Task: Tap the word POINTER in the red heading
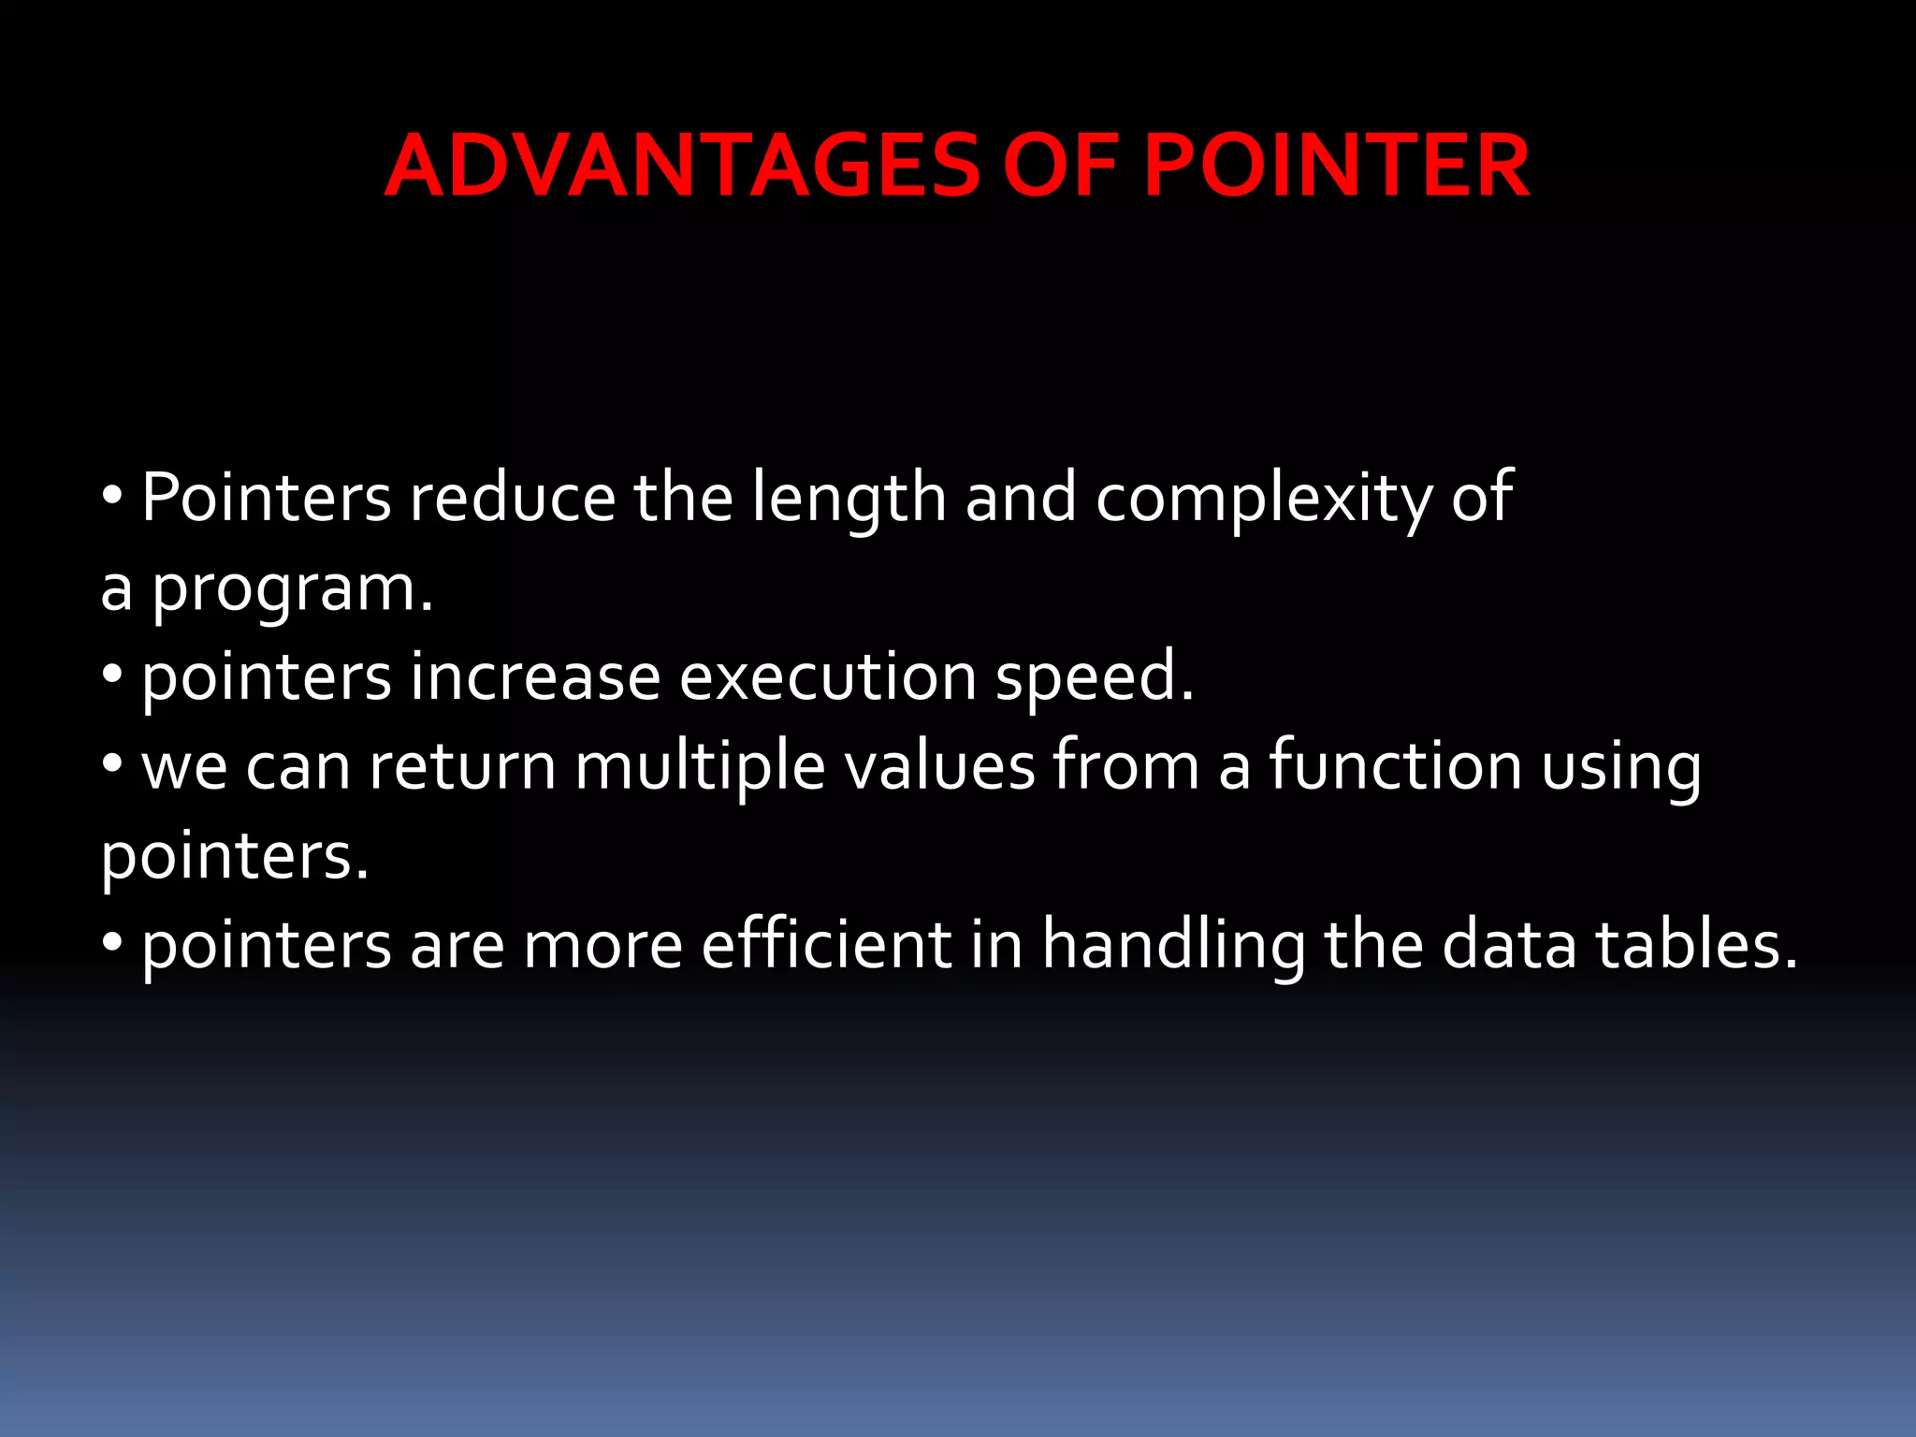[x=1336, y=167]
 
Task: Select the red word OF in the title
[x=1060, y=167]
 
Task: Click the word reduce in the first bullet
[x=512, y=498]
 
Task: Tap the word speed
[x=1094, y=677]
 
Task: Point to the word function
[x=1395, y=765]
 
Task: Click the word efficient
[x=826, y=945]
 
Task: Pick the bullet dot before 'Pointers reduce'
[x=112, y=495]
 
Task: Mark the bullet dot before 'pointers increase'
[x=112, y=675]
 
